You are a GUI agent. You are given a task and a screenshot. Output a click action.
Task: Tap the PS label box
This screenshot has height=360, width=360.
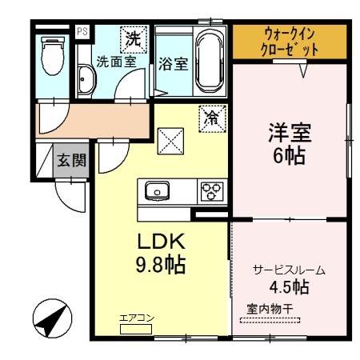82,31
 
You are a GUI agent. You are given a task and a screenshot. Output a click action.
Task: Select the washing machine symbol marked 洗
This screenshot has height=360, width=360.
134,37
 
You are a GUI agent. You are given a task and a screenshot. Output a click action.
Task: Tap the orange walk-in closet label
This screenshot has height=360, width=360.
290,41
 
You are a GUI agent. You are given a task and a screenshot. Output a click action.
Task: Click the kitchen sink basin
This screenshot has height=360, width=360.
156,191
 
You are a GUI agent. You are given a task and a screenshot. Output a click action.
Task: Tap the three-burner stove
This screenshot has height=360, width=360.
211,191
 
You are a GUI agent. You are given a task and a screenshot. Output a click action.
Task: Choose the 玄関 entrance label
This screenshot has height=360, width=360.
66,159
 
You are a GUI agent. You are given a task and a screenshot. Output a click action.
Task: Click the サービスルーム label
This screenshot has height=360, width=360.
289,270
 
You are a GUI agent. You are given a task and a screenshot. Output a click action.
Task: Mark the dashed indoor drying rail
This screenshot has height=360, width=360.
271,322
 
